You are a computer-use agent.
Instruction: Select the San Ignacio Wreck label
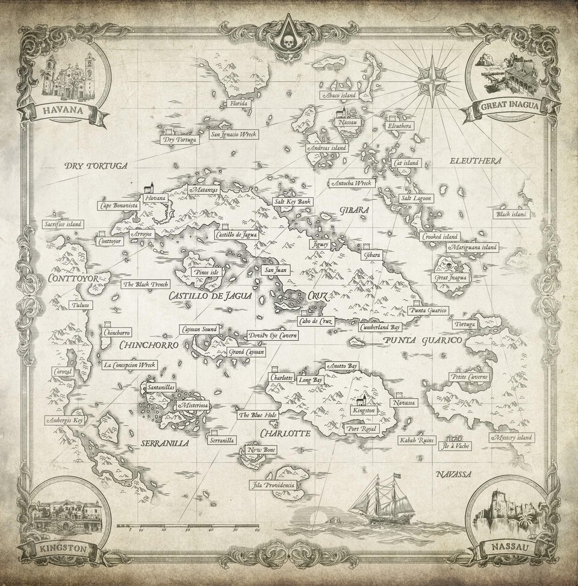234,135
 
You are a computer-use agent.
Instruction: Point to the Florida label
235,104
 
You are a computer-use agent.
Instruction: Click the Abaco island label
340,95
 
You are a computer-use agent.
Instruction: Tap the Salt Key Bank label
291,202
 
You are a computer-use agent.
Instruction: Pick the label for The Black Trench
146,284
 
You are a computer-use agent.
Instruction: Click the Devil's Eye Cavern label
272,335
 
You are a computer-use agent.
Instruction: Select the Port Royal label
358,429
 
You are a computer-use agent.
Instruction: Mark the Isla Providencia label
273,485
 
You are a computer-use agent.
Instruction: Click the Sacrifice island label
63,224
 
